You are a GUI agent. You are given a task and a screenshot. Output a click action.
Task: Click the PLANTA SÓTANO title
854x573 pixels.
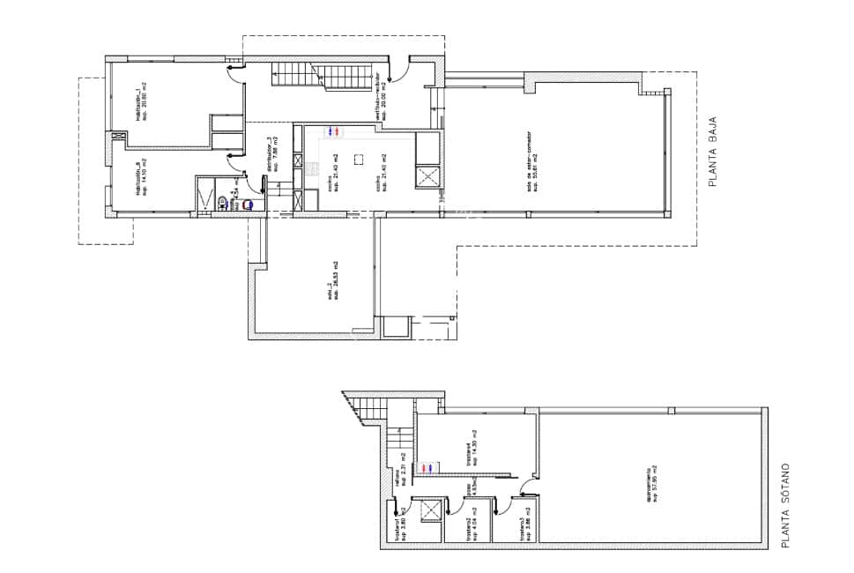click(x=787, y=507)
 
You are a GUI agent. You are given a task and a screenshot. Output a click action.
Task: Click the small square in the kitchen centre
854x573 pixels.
click(x=359, y=159)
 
